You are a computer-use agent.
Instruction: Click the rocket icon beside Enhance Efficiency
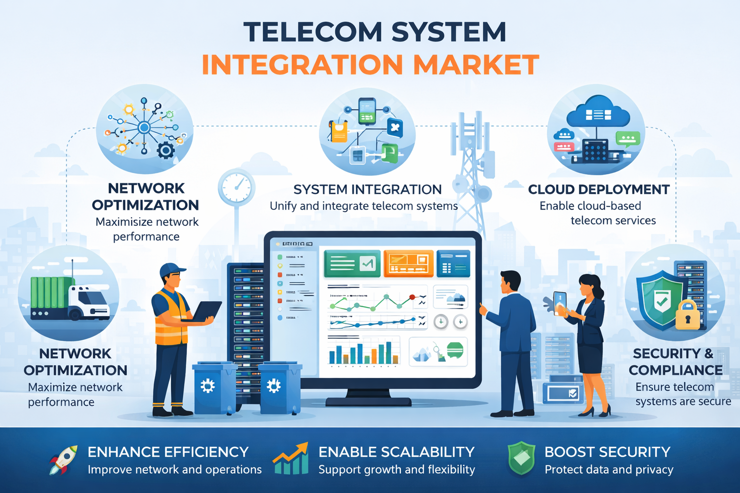[64, 459]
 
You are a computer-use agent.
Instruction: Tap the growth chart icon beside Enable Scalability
[291, 459]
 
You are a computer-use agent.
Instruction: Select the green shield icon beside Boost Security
[521, 458]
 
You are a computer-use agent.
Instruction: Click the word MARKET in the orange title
[476, 65]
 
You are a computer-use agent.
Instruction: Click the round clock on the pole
[236, 187]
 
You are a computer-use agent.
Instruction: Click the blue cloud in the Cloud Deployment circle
[598, 113]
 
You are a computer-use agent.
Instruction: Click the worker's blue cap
[172, 270]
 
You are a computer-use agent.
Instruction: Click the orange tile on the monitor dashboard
[408, 263]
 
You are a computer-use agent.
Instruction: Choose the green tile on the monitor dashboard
[353, 263]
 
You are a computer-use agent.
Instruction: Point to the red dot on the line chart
[411, 297]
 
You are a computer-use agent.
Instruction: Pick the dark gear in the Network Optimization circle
[166, 151]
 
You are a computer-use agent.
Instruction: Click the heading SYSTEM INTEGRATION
[367, 190]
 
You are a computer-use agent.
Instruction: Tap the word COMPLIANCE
[675, 370]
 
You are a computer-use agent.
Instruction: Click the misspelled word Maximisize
[122, 222]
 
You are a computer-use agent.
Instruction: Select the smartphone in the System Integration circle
[367, 111]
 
